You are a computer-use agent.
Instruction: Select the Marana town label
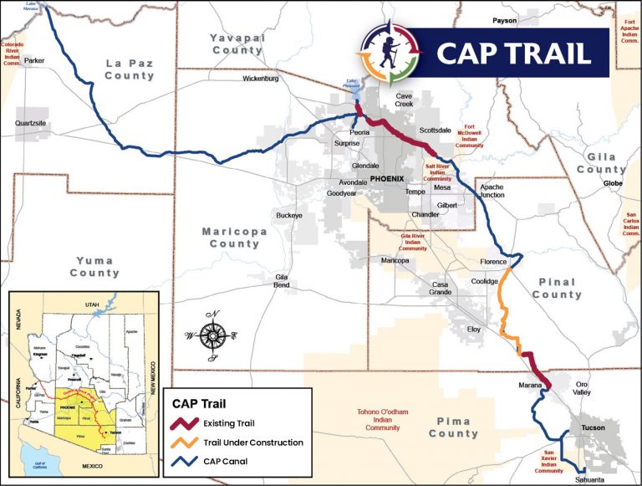[532, 386]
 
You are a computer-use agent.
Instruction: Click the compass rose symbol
[212, 335]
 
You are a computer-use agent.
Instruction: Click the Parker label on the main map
[34, 61]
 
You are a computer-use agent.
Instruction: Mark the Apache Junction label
[492, 191]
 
